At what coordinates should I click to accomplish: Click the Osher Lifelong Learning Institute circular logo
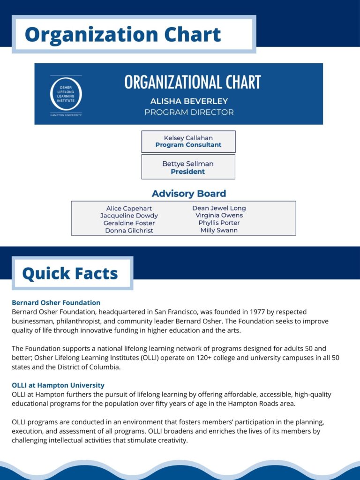click(x=66, y=94)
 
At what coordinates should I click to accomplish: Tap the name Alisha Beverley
click(x=189, y=101)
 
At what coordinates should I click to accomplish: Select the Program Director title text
click(x=189, y=112)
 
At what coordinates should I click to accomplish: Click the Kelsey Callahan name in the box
click(x=188, y=138)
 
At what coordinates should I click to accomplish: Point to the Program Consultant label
click(x=188, y=145)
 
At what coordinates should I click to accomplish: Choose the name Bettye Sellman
click(x=188, y=164)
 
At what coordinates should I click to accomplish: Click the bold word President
click(x=188, y=172)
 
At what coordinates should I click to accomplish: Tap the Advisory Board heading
click(x=189, y=194)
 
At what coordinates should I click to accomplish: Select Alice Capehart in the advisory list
click(x=129, y=209)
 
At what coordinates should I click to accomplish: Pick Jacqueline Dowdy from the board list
click(x=129, y=216)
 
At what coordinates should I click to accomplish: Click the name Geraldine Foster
click(x=129, y=223)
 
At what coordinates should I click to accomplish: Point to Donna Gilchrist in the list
click(x=129, y=231)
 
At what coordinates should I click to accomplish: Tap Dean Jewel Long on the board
click(x=219, y=208)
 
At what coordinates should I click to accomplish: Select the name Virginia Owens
click(x=219, y=216)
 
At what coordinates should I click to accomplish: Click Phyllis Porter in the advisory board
click(x=219, y=223)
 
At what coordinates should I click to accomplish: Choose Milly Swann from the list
click(x=219, y=230)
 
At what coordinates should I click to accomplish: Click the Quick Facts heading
click(x=70, y=273)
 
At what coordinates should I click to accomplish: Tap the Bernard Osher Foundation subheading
click(x=56, y=303)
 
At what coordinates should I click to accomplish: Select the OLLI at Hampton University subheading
click(x=58, y=385)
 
